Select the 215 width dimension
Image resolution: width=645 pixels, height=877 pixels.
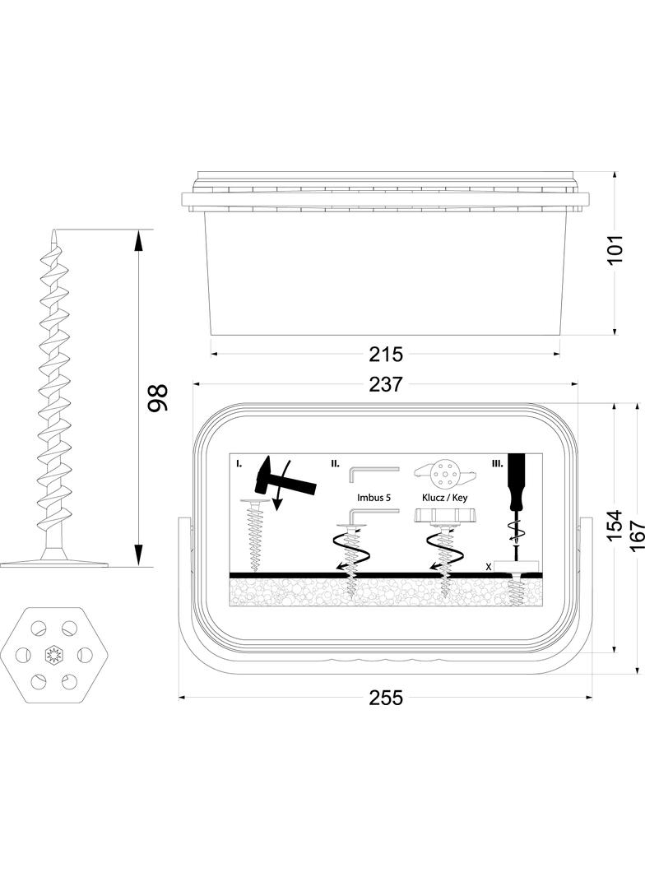pos(386,355)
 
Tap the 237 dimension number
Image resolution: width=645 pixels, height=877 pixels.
pos(386,384)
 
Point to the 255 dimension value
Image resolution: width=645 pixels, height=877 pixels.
pos(386,698)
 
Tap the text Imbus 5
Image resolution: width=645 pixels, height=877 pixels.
pos(374,498)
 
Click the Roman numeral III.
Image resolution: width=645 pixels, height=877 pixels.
pos(497,464)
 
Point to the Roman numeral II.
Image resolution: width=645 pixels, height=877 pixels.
pos(335,464)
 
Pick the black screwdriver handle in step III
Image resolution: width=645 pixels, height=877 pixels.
pos(516,481)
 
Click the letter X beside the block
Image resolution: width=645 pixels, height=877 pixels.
pos(489,567)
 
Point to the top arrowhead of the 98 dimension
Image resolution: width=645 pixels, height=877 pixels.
pos(138,238)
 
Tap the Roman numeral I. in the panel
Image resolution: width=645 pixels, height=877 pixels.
pos(239,464)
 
